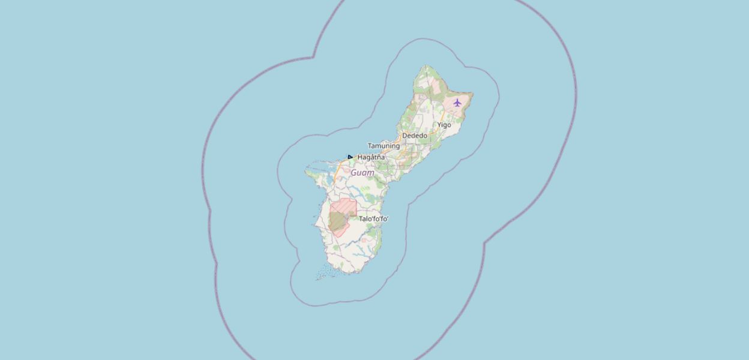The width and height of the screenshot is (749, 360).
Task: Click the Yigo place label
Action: click(444, 125)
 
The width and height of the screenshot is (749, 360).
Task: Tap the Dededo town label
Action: click(415, 136)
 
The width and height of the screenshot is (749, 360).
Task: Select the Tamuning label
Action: click(384, 146)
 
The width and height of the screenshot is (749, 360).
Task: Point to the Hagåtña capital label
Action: click(371, 157)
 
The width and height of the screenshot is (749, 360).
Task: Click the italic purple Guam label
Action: click(362, 173)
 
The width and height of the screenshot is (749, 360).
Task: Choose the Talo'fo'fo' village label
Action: click(374, 219)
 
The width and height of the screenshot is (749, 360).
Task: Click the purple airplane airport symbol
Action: click(457, 103)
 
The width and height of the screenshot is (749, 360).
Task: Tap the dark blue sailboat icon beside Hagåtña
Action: click(350, 157)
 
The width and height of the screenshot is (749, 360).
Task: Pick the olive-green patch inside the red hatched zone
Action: click(338, 222)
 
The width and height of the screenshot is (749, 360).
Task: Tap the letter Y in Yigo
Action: click(439, 125)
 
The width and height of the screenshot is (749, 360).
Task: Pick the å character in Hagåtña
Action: click(369, 157)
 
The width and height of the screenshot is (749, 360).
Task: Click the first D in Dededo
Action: click(405, 136)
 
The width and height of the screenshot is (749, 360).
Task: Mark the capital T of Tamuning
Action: click(370, 146)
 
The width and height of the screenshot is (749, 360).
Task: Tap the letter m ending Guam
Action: click(371, 173)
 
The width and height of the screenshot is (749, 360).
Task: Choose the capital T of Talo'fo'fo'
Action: click(361, 219)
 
